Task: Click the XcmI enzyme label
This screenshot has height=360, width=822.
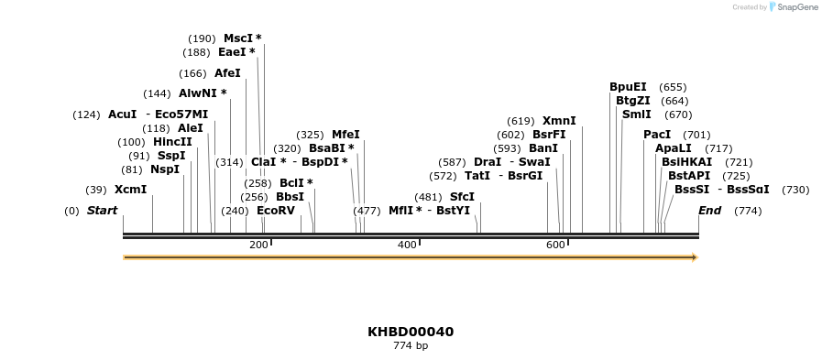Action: pos(130,190)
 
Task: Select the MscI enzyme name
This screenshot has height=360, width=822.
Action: pos(237,38)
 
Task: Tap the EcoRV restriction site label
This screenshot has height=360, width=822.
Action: pos(276,211)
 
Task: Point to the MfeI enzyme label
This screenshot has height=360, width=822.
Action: pos(345,135)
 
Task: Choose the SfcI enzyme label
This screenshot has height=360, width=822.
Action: pos(462,197)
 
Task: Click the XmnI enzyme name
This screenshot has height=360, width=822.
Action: pos(559,121)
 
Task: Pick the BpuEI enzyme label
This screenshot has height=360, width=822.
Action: pos(628,87)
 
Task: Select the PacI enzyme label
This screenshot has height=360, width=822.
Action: pos(657,135)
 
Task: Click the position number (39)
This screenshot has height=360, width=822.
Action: pos(96,190)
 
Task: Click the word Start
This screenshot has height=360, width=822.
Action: pos(103,211)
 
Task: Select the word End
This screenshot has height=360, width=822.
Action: pos(709,211)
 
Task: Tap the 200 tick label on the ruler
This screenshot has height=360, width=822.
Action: pos(258,245)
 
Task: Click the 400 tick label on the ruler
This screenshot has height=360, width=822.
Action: pos(407,245)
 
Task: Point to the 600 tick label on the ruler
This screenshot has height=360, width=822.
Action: pos(555,245)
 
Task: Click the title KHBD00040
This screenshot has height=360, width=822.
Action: pos(411,332)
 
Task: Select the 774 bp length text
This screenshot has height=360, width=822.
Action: pos(411,346)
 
